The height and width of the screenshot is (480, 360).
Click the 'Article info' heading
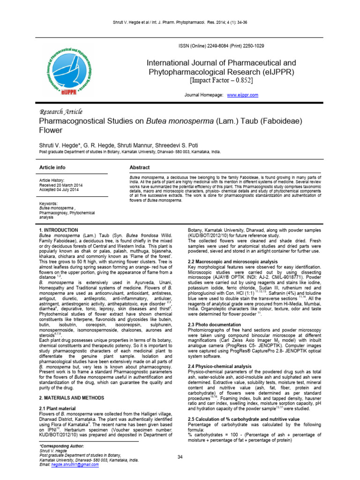[x=52, y=167]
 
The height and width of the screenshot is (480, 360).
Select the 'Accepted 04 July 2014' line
[x=59, y=189]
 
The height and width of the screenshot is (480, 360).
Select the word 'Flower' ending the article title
[x=51, y=133]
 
